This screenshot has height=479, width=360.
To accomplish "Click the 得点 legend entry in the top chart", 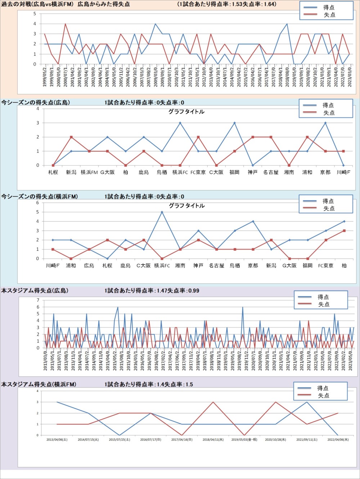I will (328, 7).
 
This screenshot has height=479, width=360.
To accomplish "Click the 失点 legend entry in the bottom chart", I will (323, 395).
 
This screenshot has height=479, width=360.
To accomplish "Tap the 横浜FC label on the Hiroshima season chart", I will (180, 173).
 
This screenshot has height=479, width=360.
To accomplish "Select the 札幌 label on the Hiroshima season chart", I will (53, 173).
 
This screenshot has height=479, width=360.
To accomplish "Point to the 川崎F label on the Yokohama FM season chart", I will (53, 266).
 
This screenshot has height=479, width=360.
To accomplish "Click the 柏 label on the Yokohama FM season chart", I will (344, 266).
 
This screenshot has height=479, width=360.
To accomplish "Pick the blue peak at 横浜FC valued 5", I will (162, 212).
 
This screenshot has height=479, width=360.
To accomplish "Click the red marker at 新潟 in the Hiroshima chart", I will (71, 137).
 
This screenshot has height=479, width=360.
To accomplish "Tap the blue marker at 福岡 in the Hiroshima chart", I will (234, 123).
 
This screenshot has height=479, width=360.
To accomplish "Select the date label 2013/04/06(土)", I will (57, 440).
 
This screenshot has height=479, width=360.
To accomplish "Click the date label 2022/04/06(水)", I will (338, 440).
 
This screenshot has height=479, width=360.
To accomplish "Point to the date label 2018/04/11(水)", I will (213, 440).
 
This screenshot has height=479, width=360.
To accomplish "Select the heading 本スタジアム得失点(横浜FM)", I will (39, 385).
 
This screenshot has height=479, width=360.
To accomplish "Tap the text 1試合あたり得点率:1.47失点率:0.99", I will (152, 291).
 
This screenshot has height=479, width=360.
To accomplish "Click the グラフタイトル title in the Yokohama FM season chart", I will (186, 206).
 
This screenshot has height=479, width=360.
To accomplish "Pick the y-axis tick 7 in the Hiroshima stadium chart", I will (38, 300).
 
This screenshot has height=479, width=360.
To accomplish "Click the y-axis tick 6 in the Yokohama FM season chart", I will (37, 203).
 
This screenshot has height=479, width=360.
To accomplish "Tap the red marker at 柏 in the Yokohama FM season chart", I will (344, 231).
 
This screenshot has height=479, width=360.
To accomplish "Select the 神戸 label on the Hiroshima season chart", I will (253, 173).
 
